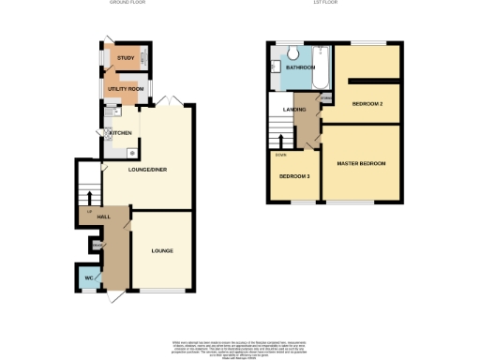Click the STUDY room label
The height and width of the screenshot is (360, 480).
point(124,58)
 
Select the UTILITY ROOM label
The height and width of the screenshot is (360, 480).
point(124,89)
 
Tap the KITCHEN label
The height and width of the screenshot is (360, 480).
point(121,133)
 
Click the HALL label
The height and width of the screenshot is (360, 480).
point(103,217)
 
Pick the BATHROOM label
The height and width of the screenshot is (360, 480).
point(301,68)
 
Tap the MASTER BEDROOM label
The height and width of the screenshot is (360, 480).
point(361,164)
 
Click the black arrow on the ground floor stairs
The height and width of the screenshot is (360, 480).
point(89,195)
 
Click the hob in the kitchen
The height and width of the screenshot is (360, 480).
point(132,150)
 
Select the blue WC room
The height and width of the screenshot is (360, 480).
point(86,277)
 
